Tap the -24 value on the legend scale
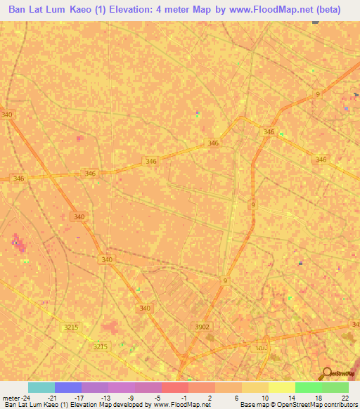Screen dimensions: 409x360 click(27, 397)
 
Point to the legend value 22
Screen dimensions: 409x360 click(344, 397)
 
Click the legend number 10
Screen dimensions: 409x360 click(264, 397)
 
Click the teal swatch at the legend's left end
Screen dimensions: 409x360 click(41, 387)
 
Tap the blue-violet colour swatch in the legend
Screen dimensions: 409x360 click(68, 387)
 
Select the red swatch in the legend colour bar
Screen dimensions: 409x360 click(174, 387)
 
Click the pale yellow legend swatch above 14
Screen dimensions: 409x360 click(281, 387)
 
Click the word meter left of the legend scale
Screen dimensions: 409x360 click(11, 397)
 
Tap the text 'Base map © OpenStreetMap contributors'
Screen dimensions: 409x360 click(298, 405)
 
